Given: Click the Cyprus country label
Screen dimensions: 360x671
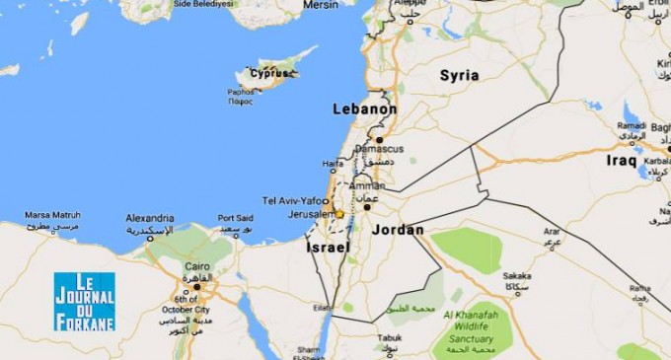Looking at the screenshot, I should click(x=269, y=73).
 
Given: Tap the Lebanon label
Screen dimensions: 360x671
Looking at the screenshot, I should click(x=364, y=109).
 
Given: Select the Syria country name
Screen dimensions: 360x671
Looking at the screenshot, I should click(x=459, y=75).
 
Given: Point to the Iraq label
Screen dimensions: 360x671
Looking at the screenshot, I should click(x=622, y=160).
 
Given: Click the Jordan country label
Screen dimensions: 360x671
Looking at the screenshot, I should click(x=399, y=230).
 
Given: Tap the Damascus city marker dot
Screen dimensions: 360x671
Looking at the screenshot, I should click(x=378, y=140).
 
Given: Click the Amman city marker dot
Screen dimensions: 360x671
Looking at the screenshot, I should click(x=366, y=207).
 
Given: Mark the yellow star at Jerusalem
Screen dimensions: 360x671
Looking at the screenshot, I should click(x=339, y=213).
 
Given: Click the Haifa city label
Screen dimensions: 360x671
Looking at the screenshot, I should click(x=333, y=164).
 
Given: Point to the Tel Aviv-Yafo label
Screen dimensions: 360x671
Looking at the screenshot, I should click(x=293, y=198).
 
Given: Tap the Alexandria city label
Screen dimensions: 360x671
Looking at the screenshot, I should click(x=150, y=218).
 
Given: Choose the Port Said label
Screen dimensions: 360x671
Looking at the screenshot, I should click(x=235, y=218).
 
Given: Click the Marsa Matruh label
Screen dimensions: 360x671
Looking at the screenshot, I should click(x=51, y=214).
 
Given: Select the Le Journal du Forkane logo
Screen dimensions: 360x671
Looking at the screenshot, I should click(x=84, y=301).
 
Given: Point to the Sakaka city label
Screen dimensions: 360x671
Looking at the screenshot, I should click(x=517, y=276).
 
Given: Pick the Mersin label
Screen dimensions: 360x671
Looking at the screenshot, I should click(x=321, y=5).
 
